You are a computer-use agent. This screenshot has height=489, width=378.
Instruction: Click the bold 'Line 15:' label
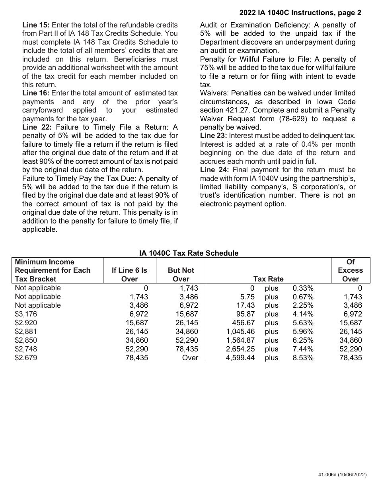[x=35, y=25]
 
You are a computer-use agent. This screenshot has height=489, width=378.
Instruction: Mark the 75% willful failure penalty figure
[x=208, y=68]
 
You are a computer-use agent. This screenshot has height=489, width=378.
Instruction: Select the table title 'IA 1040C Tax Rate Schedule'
[x=189, y=253]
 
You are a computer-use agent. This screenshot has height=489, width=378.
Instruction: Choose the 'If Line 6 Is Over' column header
[x=129, y=274]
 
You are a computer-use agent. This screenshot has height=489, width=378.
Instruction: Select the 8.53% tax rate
[x=303, y=358]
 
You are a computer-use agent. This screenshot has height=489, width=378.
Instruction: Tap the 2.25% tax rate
[x=303, y=305]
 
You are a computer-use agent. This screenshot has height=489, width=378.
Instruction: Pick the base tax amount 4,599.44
[x=240, y=358]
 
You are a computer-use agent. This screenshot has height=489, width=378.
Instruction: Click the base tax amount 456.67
[x=243, y=323]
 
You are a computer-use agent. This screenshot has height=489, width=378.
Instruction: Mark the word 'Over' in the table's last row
[x=190, y=358]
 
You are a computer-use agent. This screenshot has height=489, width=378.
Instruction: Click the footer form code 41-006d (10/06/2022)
[x=340, y=475]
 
